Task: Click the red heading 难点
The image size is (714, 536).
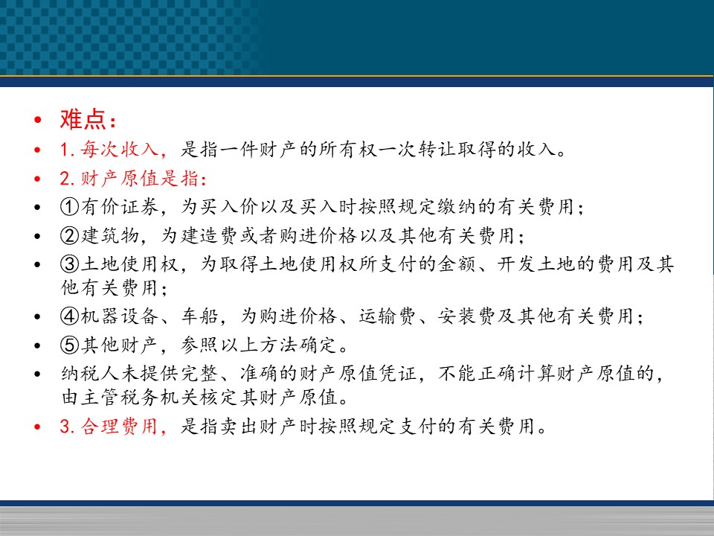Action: [83, 119]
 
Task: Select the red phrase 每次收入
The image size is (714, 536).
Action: [120, 150]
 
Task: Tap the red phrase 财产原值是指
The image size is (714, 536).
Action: [140, 178]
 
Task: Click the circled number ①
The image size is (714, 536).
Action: [70, 207]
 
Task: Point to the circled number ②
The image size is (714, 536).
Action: [70, 236]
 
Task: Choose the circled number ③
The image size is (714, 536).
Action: [70, 264]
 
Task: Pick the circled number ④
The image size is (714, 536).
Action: [70, 316]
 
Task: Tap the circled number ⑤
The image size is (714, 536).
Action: [70, 345]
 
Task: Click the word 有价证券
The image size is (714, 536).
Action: [120, 207]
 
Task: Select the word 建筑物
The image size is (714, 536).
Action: [110, 236]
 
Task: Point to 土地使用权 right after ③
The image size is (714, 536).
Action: [129, 264]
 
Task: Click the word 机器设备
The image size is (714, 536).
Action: [120, 316]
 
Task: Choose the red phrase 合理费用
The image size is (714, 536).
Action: [120, 427]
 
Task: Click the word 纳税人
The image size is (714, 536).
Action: [90, 374]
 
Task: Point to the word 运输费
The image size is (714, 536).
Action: [387, 316]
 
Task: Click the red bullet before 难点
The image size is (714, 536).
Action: [37, 121]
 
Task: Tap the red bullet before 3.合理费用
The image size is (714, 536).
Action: [37, 427]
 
